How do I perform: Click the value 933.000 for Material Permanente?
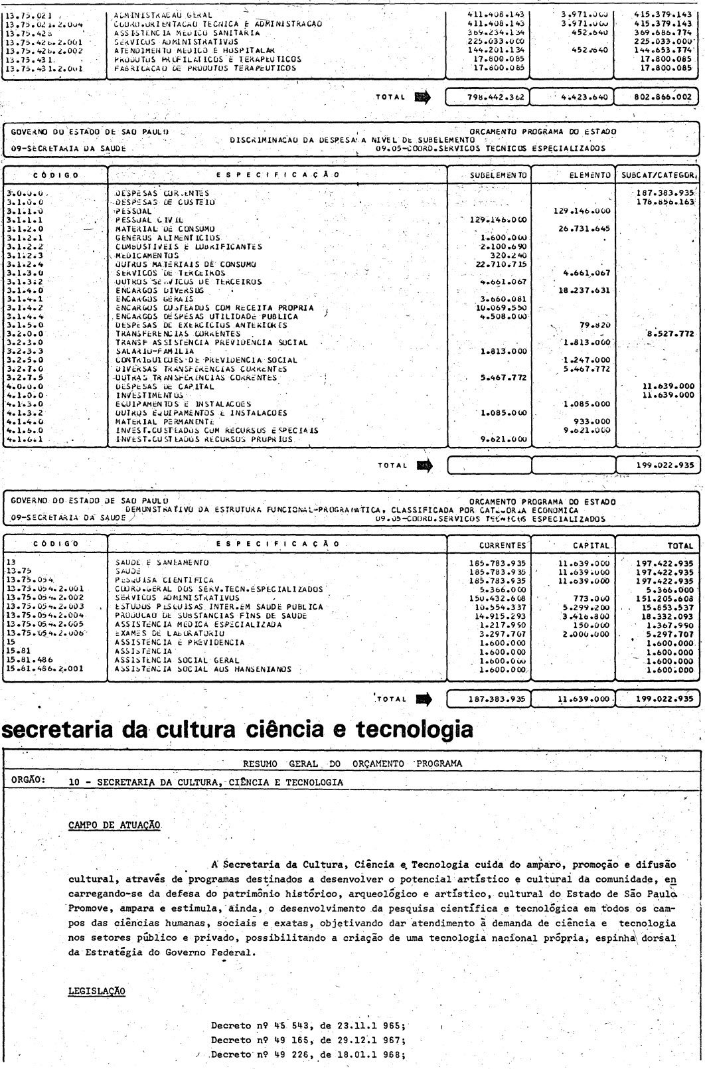click(588, 421)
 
